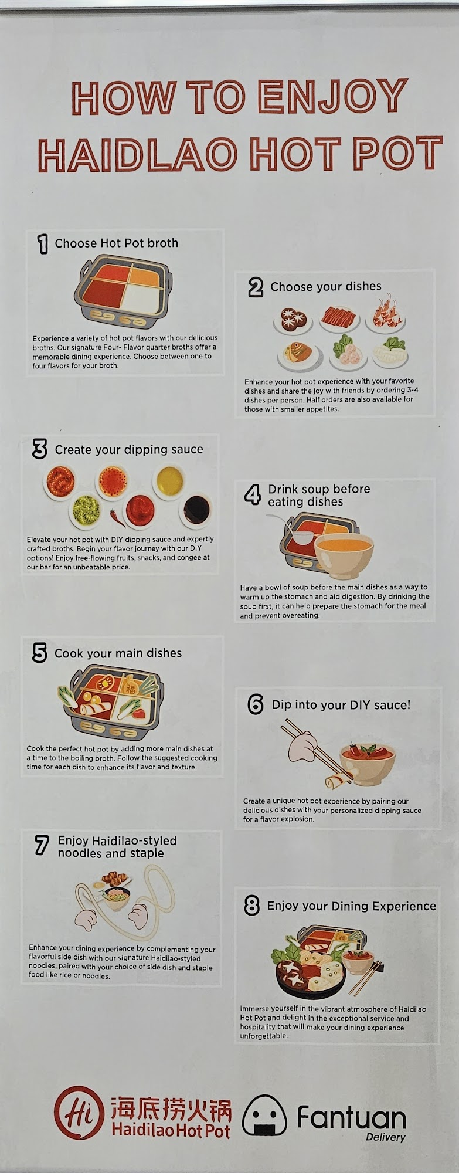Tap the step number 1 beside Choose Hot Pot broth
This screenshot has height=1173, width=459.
[42, 243]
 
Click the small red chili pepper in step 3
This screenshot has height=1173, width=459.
[117, 517]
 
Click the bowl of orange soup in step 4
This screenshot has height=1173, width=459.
[344, 555]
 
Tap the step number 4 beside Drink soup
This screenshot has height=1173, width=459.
[252, 495]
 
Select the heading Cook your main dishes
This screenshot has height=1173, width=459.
[118, 653]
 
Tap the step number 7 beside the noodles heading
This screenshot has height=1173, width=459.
[42, 845]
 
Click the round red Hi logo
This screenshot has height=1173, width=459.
[80, 1113]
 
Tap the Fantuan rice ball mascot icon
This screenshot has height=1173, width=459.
[264, 1115]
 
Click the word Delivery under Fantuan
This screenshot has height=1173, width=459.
[386, 1137]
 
